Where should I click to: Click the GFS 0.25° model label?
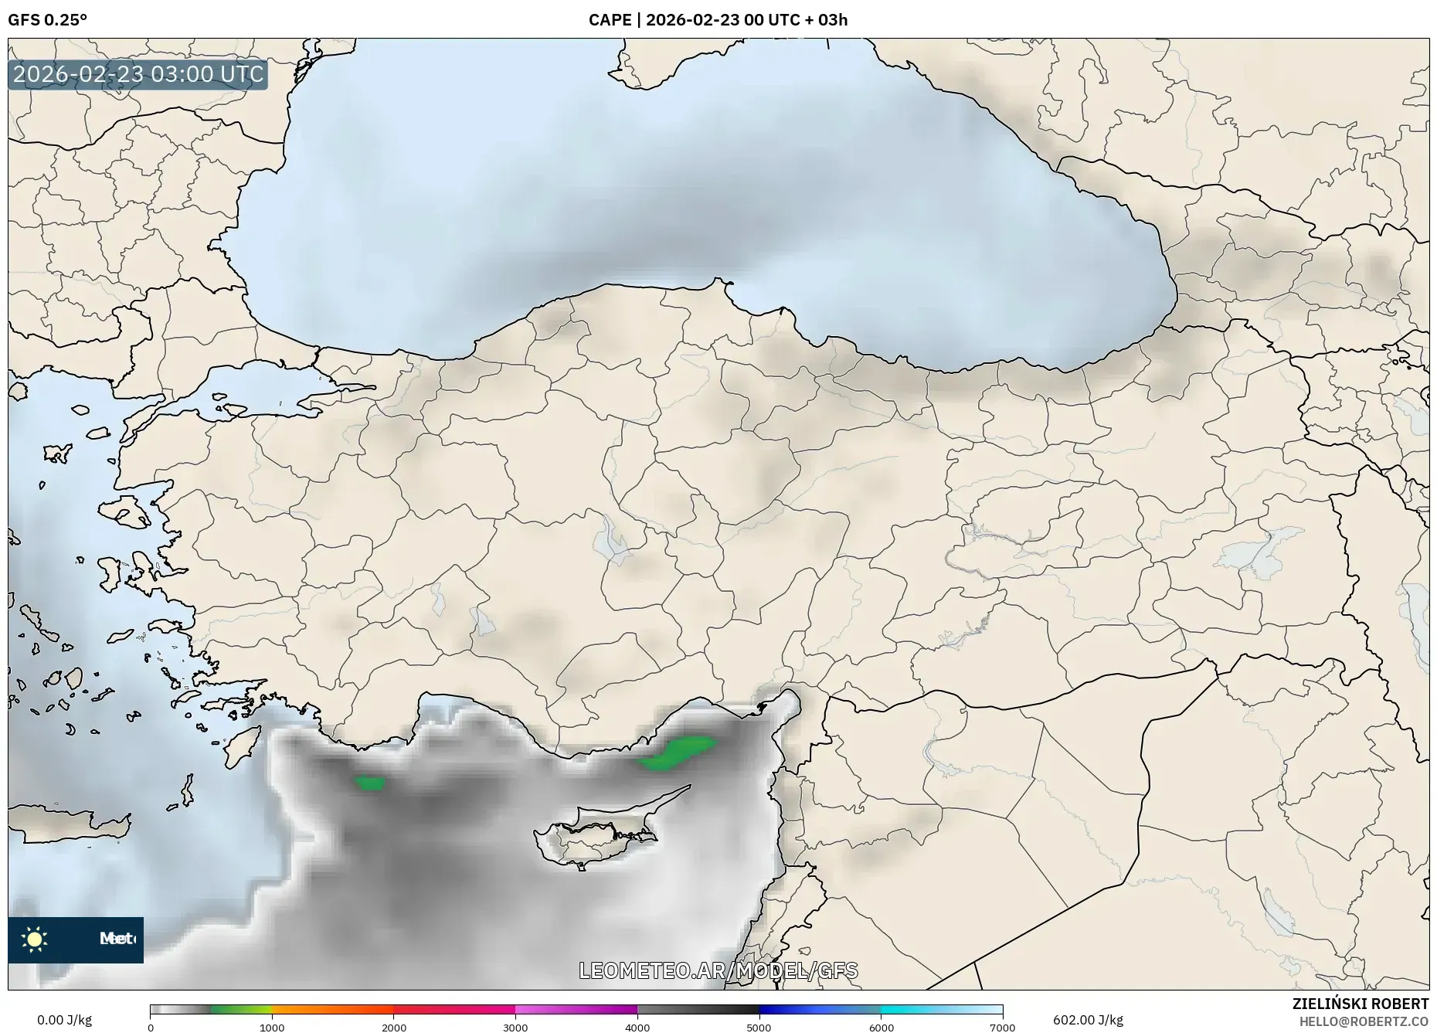[47, 20]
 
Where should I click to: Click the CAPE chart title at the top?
[718, 20]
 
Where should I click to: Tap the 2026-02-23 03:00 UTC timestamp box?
[138, 74]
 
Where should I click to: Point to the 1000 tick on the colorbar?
[272, 1028]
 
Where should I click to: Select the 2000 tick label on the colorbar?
[394, 1028]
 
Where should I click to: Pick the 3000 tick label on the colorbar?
[515, 1028]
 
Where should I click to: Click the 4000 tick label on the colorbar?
[637, 1028]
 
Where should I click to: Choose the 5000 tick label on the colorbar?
[759, 1028]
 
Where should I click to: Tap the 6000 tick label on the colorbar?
[881, 1028]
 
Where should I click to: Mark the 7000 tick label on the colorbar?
[1002, 1028]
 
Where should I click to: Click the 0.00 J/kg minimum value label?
[64, 1020]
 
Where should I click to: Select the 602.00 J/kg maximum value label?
[1088, 1020]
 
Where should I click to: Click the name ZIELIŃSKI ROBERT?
[1360, 1004]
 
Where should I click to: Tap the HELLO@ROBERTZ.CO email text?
[1364, 1021]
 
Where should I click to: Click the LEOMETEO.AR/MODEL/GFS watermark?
[718, 970]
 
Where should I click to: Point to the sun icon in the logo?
[35, 940]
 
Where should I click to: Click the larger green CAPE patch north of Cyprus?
[677, 753]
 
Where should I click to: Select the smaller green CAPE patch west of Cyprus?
[370, 783]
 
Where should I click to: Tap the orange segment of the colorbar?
[332, 1010]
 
